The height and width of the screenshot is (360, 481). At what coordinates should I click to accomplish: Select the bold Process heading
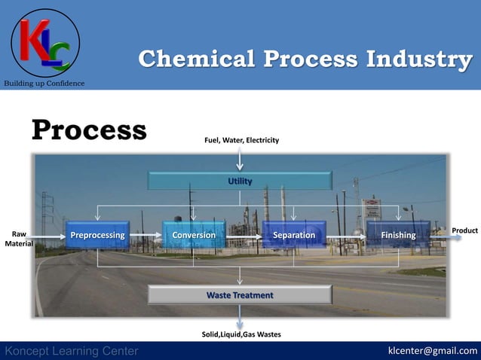89,130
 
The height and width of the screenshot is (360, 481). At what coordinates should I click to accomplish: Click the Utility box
240,181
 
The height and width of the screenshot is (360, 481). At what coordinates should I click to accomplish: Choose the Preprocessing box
97,236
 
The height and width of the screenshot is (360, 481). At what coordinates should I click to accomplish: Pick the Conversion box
194,236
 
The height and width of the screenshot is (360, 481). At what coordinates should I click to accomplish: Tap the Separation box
294,236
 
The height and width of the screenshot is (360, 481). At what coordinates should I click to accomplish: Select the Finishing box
397,236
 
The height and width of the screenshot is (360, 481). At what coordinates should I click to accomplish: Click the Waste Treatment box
240,294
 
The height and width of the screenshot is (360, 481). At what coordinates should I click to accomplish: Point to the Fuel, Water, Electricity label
241,140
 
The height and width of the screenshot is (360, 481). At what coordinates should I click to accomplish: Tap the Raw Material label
18,239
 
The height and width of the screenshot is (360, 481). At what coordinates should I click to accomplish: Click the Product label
464,229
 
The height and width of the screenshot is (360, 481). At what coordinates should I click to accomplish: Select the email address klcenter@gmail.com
432,351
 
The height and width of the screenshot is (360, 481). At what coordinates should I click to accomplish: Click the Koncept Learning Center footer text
72,351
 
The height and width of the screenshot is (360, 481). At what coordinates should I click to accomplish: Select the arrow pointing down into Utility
240,158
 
